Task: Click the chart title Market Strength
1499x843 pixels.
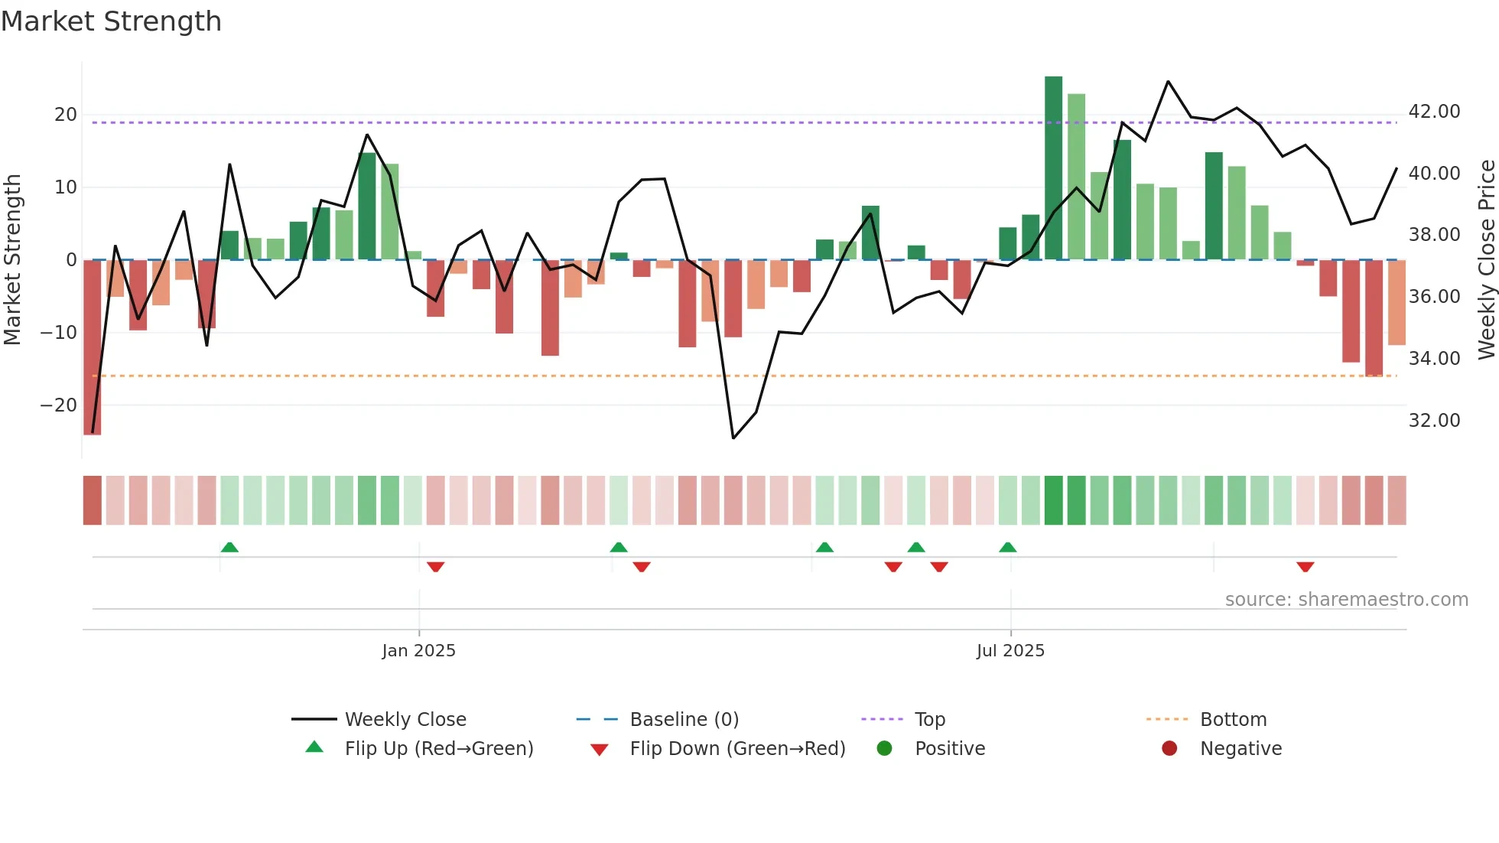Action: coord(111,21)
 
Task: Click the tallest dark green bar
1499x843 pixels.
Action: coord(1053,168)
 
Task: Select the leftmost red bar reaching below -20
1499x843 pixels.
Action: coord(93,347)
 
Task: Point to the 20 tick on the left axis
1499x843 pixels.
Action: coord(66,115)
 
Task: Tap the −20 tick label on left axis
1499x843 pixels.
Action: coord(59,405)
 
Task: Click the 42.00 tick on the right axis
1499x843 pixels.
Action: coord(1434,112)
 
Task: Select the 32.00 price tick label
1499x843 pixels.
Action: coord(1434,421)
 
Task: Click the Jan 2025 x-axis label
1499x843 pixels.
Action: coord(418,651)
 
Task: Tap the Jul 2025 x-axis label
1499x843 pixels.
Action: coord(1010,651)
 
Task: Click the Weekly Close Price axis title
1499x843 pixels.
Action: coord(1486,260)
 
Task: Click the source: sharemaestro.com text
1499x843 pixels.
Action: coord(1346,600)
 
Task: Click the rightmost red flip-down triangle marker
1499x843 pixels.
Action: coord(1306,567)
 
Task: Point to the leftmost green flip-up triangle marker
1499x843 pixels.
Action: coord(229,547)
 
